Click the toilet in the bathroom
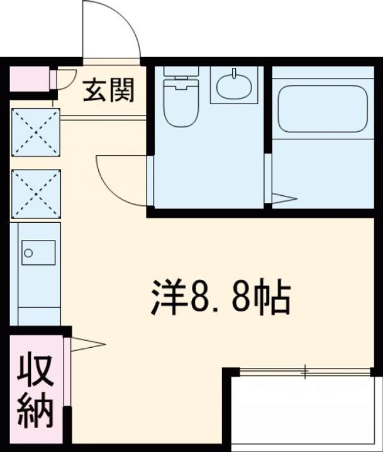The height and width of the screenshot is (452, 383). point(181,100)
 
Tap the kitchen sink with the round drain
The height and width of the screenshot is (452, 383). point(36,253)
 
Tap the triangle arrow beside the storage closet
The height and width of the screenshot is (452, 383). point(89,344)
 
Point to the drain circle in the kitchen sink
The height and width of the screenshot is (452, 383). point(27,253)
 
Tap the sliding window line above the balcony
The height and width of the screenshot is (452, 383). point(305,372)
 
